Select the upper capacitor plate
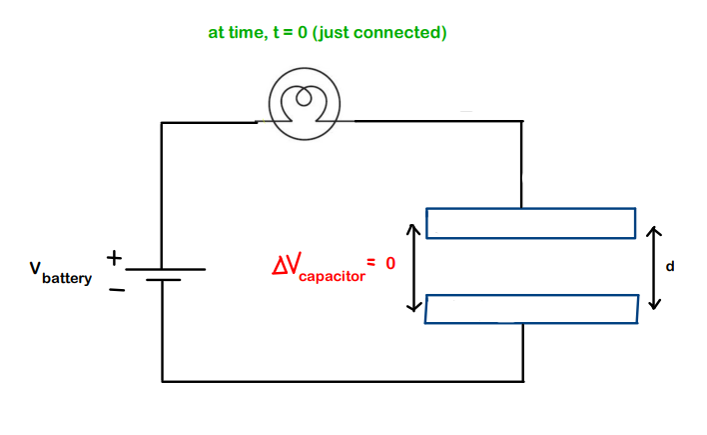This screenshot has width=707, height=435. coord(530,223)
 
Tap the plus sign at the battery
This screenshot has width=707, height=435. coord(115,259)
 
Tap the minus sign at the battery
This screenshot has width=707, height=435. coord(117,290)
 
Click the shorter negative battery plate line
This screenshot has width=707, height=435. coord(163,281)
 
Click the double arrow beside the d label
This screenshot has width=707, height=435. coord(653,267)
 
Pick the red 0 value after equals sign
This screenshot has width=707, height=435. coord(390,264)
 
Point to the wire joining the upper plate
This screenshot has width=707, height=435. coord(521,170)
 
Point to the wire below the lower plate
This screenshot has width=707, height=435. coord(522,352)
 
